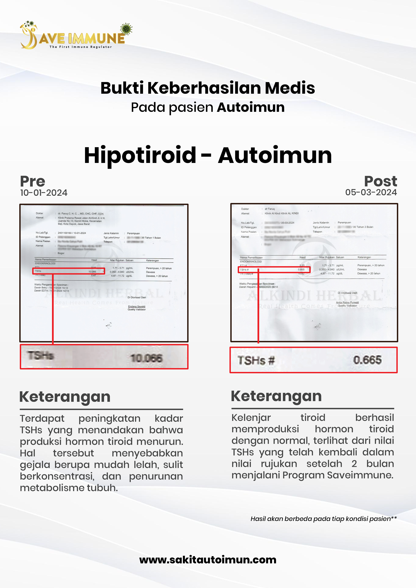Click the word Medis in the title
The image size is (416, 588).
(290, 88)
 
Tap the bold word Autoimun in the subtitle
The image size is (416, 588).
(251, 107)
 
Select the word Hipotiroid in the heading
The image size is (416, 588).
(140, 155)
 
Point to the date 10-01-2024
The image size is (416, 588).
(44, 193)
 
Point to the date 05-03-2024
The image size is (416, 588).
(371, 192)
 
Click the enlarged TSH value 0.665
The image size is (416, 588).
(367, 360)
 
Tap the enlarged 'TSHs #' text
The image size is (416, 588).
(256, 360)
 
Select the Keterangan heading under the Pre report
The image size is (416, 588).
(65, 397)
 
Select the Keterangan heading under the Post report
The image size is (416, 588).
(276, 396)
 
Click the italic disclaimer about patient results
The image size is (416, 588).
(323, 519)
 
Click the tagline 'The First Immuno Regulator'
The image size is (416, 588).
(81, 47)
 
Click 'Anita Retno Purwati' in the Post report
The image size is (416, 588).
(347, 302)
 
